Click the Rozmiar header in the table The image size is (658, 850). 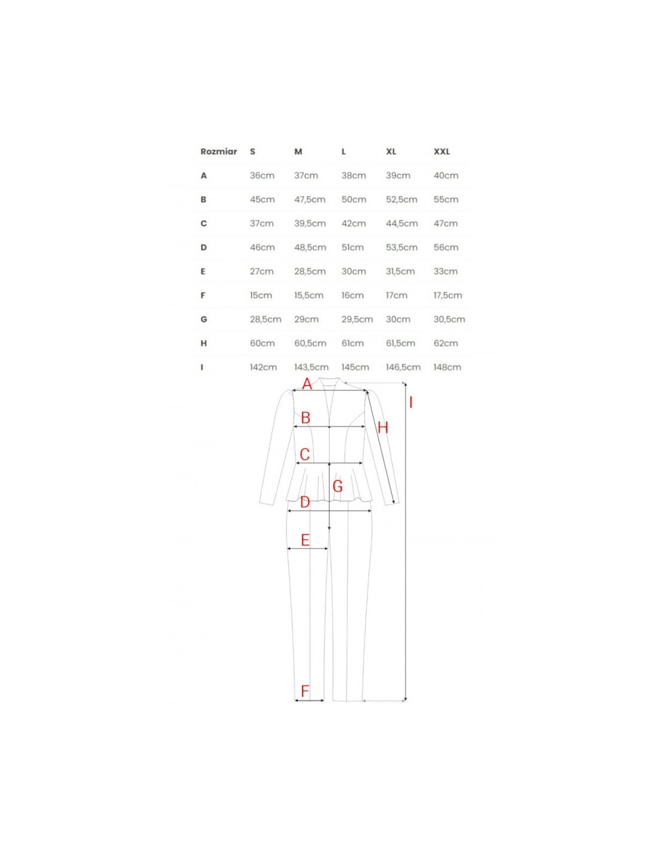click(218, 152)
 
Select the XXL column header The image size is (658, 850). click(441, 152)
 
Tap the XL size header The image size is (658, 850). click(391, 152)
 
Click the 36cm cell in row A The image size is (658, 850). click(262, 176)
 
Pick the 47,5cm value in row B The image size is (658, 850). click(310, 200)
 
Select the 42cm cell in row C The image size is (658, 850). click(354, 224)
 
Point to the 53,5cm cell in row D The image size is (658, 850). click(401, 247)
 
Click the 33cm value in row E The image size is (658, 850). click(446, 271)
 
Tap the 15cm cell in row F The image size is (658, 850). click(261, 295)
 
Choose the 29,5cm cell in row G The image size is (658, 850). click(357, 319)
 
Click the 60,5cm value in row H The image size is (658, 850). click(310, 343)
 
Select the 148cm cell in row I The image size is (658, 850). click(447, 367)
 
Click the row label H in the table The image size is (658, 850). click(203, 344)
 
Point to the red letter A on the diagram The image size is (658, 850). click(307, 384)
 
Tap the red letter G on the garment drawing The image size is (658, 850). click(337, 486)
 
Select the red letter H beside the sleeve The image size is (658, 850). click(383, 427)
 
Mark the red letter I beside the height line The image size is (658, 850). click(410, 402)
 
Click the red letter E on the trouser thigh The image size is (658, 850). click(305, 540)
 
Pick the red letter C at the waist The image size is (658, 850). click(304, 454)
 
